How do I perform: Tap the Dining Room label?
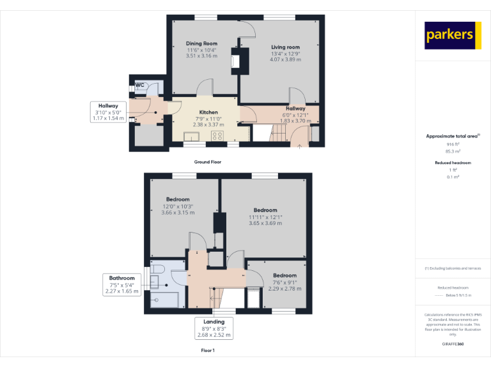(x=201, y=43)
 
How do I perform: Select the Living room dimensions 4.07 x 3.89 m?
(x=285, y=59)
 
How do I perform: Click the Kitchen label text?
(x=208, y=112)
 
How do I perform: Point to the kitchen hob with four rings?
(x=225, y=135)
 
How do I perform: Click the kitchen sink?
(x=191, y=135)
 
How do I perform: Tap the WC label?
(x=139, y=84)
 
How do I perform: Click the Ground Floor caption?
(x=208, y=162)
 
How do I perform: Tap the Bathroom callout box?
(x=121, y=284)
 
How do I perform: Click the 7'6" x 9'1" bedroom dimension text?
(x=284, y=282)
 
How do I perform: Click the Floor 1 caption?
(x=208, y=351)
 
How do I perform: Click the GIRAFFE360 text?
(x=453, y=344)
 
